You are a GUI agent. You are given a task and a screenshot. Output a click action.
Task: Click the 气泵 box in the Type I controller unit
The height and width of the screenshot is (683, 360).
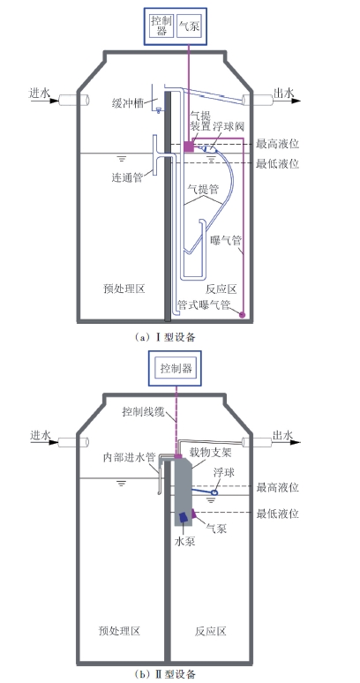point(189,26)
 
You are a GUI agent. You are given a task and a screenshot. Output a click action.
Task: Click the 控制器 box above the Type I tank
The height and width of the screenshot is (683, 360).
point(162,26)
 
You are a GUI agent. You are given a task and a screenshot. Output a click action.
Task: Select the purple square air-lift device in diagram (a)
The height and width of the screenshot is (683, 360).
point(189,146)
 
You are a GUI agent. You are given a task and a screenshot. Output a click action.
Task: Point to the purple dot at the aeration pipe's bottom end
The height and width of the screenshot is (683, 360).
point(243,313)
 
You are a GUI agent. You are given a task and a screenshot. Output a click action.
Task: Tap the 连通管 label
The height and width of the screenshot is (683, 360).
point(126,177)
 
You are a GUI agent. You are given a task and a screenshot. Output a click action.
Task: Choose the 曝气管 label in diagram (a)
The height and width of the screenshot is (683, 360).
point(226,240)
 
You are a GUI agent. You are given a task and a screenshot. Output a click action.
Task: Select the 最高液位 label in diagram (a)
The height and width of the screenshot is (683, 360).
point(277,143)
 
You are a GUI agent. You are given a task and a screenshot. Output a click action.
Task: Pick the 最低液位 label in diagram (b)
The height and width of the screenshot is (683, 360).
point(278,513)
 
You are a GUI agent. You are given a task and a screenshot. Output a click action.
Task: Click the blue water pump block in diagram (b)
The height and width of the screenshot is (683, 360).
point(183,517)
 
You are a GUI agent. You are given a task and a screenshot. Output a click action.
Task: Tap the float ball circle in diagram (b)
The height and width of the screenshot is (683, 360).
point(214,492)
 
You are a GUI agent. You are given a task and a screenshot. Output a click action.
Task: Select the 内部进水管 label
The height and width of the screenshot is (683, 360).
point(130,457)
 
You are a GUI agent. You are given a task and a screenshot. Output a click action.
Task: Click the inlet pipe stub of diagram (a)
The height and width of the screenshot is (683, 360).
point(74,100)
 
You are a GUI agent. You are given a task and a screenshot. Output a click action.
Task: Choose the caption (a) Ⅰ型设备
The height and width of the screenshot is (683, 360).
point(165,336)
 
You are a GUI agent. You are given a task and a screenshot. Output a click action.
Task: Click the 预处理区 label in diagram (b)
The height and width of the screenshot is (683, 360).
point(120,631)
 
